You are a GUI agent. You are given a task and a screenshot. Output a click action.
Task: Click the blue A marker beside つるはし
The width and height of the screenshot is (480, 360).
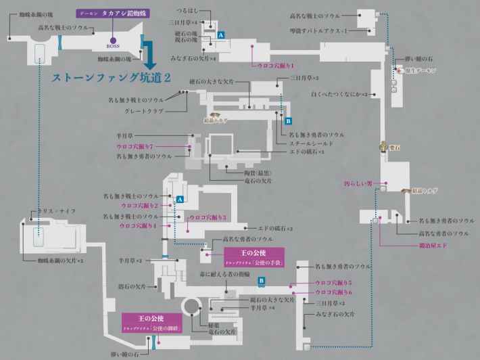(222, 34)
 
